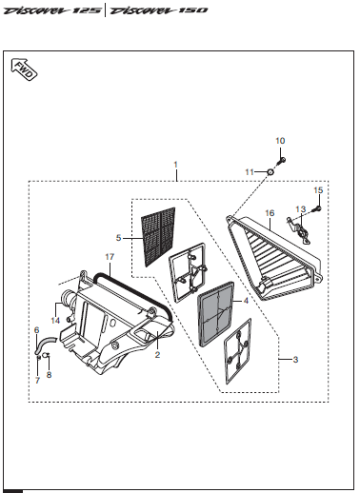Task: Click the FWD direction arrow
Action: point(24,69)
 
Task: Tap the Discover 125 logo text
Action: point(52,10)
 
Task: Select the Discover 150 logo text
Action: point(159,10)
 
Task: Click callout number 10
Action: point(280,141)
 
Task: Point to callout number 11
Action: point(250,172)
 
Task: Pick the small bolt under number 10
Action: point(282,161)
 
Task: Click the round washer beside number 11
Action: point(270,172)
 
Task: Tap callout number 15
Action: point(318,190)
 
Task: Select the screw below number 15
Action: point(317,208)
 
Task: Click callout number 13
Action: point(301,209)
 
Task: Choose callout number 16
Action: point(270,213)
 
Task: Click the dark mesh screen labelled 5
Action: point(158,237)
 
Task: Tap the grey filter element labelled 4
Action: point(216,314)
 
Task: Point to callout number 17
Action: point(110,257)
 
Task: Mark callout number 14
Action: point(55,321)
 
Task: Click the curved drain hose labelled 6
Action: point(45,345)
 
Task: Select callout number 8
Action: point(49,375)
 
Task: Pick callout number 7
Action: point(37,380)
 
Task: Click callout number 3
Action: point(295,360)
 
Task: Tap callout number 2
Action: point(157,355)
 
